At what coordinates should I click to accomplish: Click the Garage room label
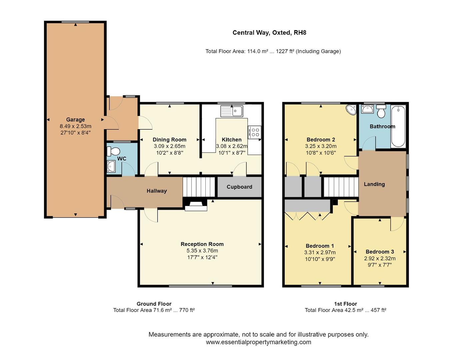pyautogui.click(x=75, y=120)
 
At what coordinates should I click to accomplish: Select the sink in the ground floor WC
pyautogui.click(x=111, y=166)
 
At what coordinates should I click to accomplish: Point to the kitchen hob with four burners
pyautogui.click(x=255, y=132)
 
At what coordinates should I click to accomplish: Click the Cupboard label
pyautogui.click(x=239, y=187)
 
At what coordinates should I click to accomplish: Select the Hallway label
pyautogui.click(x=157, y=191)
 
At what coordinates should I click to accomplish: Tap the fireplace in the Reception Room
pyautogui.click(x=196, y=205)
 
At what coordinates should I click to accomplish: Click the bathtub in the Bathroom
pyautogui.click(x=398, y=127)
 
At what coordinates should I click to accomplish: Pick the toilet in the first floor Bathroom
pyautogui.click(x=381, y=112)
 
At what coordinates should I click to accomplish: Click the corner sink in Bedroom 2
pyautogui.click(x=351, y=110)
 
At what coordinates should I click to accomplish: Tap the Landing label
pyautogui.click(x=374, y=184)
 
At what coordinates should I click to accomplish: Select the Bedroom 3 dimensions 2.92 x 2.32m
pyautogui.click(x=380, y=259)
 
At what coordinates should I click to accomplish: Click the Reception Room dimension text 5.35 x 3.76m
pyautogui.click(x=202, y=251)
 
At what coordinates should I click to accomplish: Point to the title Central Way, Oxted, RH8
pyautogui.click(x=269, y=33)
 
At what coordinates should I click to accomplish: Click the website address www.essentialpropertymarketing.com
pyautogui.click(x=258, y=342)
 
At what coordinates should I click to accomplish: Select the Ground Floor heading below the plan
pyautogui.click(x=154, y=304)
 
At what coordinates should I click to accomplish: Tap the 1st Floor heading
pyautogui.click(x=345, y=304)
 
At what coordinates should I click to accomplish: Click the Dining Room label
pyautogui.click(x=169, y=140)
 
